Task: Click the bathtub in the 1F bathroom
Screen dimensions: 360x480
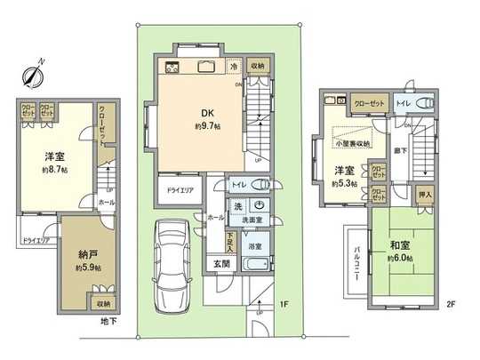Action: tap(260, 266)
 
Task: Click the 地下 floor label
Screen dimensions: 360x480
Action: tap(109, 321)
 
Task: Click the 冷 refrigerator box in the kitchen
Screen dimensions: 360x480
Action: tap(234, 66)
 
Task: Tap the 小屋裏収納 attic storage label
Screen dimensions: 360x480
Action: tap(354, 142)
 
